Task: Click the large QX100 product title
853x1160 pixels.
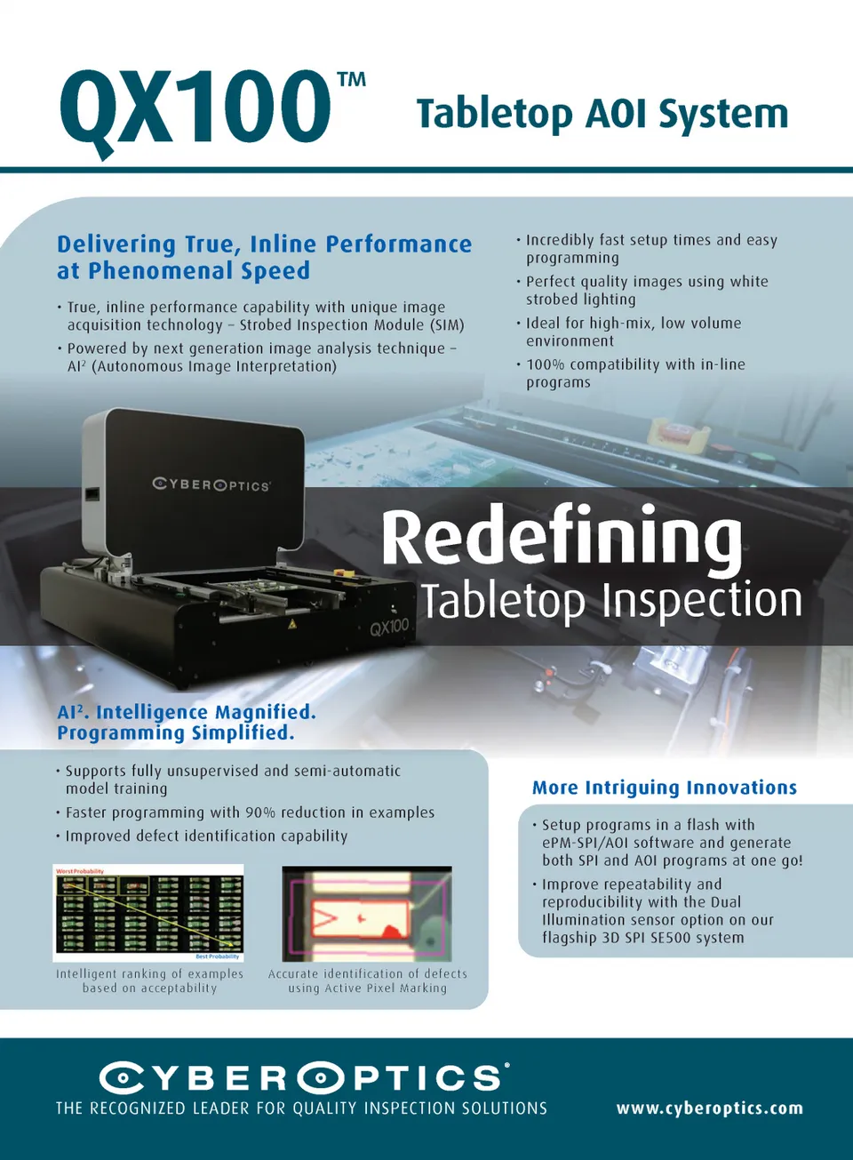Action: tap(195, 108)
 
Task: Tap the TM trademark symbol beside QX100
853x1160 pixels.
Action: tap(352, 81)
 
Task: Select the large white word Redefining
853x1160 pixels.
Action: tap(562, 536)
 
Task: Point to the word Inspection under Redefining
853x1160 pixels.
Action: tap(703, 601)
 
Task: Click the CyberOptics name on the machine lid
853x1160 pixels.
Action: tap(211, 484)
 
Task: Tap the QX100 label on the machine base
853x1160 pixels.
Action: tap(389, 627)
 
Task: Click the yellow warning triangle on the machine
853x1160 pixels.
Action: tap(291, 624)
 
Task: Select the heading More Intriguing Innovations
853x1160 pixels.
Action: tap(664, 788)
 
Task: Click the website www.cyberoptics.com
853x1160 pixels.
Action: tap(709, 1108)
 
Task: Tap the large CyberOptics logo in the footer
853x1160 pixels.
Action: tap(304, 1078)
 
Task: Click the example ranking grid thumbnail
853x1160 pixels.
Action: tap(148, 913)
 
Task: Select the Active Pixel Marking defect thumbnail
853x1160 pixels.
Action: tap(366, 914)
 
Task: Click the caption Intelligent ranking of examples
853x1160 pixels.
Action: tap(149, 974)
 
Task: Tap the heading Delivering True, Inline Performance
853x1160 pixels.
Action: tap(264, 244)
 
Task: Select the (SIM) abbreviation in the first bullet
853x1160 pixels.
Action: tap(447, 325)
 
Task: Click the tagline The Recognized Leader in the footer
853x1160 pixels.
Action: tap(301, 1108)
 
